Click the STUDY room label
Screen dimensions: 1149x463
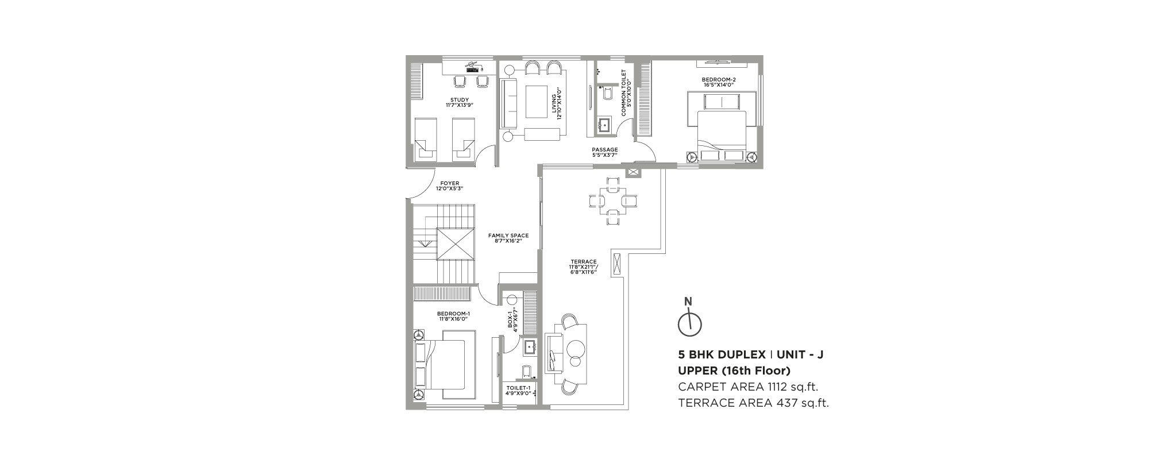(459, 101)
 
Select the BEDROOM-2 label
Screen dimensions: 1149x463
(718, 79)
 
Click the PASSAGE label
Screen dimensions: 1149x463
(605, 150)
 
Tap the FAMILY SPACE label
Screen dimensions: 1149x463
(508, 236)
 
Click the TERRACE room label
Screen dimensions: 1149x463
(584, 262)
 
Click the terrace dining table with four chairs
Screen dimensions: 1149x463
(613, 201)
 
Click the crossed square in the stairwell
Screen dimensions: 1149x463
(454, 245)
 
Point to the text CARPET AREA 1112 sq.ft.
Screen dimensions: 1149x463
(747, 386)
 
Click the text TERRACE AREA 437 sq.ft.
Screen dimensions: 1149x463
(753, 403)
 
